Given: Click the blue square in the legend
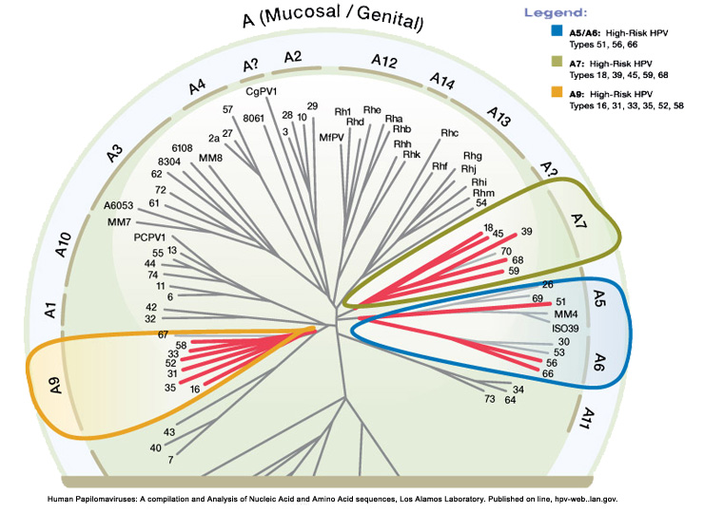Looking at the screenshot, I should pyautogui.click(x=557, y=30).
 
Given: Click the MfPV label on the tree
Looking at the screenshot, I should pyautogui.click(x=331, y=137).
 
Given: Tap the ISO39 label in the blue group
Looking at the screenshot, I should pyautogui.click(x=568, y=327).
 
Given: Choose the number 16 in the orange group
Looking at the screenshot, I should pyautogui.click(x=194, y=389).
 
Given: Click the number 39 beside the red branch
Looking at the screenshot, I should pyautogui.click(x=526, y=231).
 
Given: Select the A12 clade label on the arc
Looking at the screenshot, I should pyautogui.click(x=383, y=62).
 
